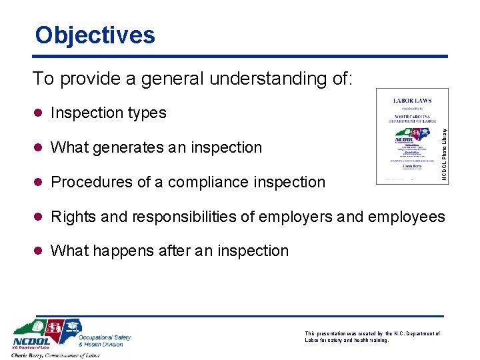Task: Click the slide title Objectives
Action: pyautogui.click(x=95, y=35)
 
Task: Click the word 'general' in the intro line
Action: pyautogui.click(x=165, y=79)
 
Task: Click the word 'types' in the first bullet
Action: pyautogui.click(x=146, y=113)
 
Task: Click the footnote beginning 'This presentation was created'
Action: pyautogui.click(x=372, y=337)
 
